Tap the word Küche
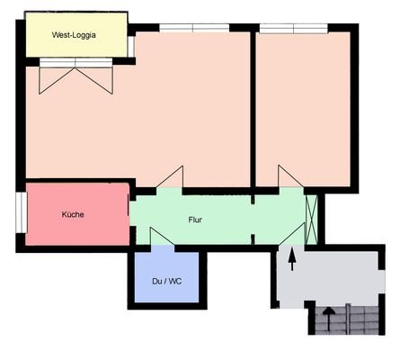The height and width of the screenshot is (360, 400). coord(73,215)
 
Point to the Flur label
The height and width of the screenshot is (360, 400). coord(195,220)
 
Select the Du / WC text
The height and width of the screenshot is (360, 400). coord(169,281)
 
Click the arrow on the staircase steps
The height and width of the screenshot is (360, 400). coord(330,316)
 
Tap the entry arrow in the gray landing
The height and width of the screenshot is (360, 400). coord(291,259)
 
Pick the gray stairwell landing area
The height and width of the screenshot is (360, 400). coord(333,274)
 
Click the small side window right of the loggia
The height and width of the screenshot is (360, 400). coord(131,45)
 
